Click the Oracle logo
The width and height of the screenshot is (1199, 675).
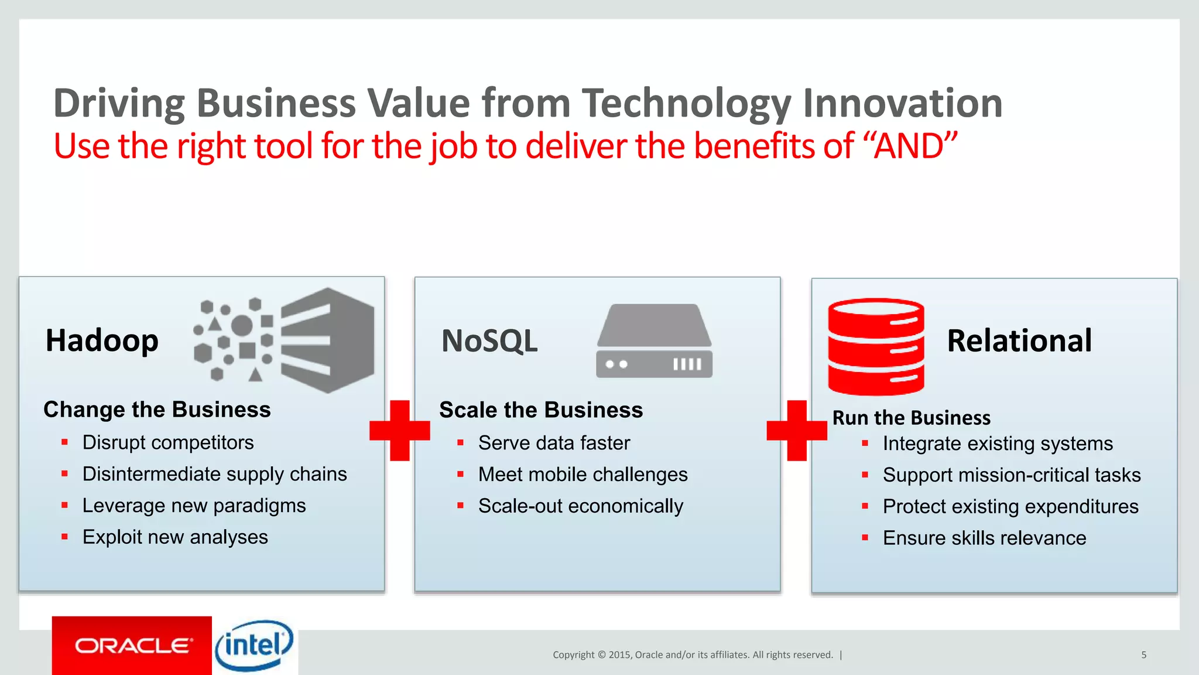[x=132, y=645]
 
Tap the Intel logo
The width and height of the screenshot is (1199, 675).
[x=254, y=645]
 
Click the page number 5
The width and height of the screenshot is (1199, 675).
[x=1143, y=654]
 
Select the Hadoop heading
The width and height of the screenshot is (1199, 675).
[x=102, y=340]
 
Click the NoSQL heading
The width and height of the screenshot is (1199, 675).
[x=489, y=341]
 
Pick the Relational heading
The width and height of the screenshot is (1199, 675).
[x=1019, y=340]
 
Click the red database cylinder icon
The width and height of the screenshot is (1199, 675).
[x=876, y=347]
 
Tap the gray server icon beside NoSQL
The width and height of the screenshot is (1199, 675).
[x=654, y=341]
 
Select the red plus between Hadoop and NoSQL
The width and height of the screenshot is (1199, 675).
[x=400, y=431]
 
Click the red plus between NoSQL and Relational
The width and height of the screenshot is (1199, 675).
[x=797, y=431]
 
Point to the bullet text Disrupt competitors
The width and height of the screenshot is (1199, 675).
[x=168, y=442]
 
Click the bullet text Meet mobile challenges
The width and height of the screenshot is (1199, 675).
[x=583, y=475]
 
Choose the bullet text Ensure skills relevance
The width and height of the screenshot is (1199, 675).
[x=984, y=538]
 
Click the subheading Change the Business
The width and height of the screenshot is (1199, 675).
[x=157, y=410]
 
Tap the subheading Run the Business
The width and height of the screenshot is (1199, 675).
[x=912, y=418]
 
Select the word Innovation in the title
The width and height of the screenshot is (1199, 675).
[x=902, y=103]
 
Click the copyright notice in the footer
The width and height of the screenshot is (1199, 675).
[x=693, y=654]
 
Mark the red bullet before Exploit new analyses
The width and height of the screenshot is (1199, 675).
[x=64, y=537]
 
